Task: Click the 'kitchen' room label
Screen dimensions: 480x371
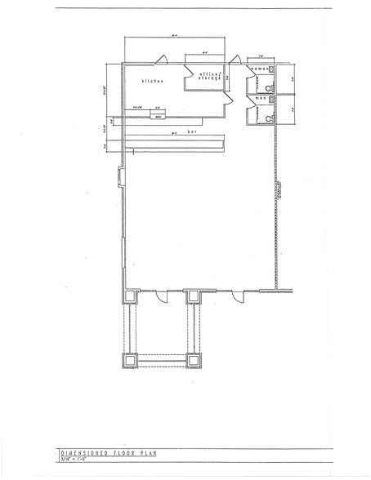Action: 153,81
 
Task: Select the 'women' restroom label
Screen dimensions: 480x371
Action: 259,68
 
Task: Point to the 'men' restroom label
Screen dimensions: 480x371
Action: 260,98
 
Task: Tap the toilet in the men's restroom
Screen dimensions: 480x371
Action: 269,118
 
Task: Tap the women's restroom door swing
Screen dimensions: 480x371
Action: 248,81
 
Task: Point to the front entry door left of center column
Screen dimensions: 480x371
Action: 163,296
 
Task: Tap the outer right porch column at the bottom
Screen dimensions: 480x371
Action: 194,360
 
